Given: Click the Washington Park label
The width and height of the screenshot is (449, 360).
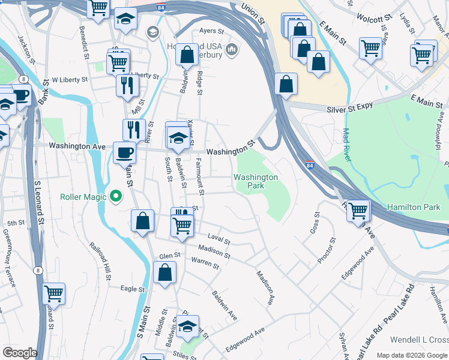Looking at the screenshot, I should pyautogui.click(x=256, y=181).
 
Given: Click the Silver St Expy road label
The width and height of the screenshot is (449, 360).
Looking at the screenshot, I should pyautogui.click(x=349, y=107).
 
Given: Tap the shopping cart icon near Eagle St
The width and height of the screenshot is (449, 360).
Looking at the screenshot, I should pyautogui.click(x=54, y=293).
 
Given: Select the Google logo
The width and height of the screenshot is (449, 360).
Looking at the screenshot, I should pyautogui.click(x=19, y=353).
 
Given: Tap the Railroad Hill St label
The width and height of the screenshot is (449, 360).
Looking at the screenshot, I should pyautogui.click(x=100, y=262).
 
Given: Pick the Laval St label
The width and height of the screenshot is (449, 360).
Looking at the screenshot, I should pyautogui.click(x=219, y=239).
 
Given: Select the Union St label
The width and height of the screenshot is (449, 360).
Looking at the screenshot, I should pyautogui.click(x=253, y=13).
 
